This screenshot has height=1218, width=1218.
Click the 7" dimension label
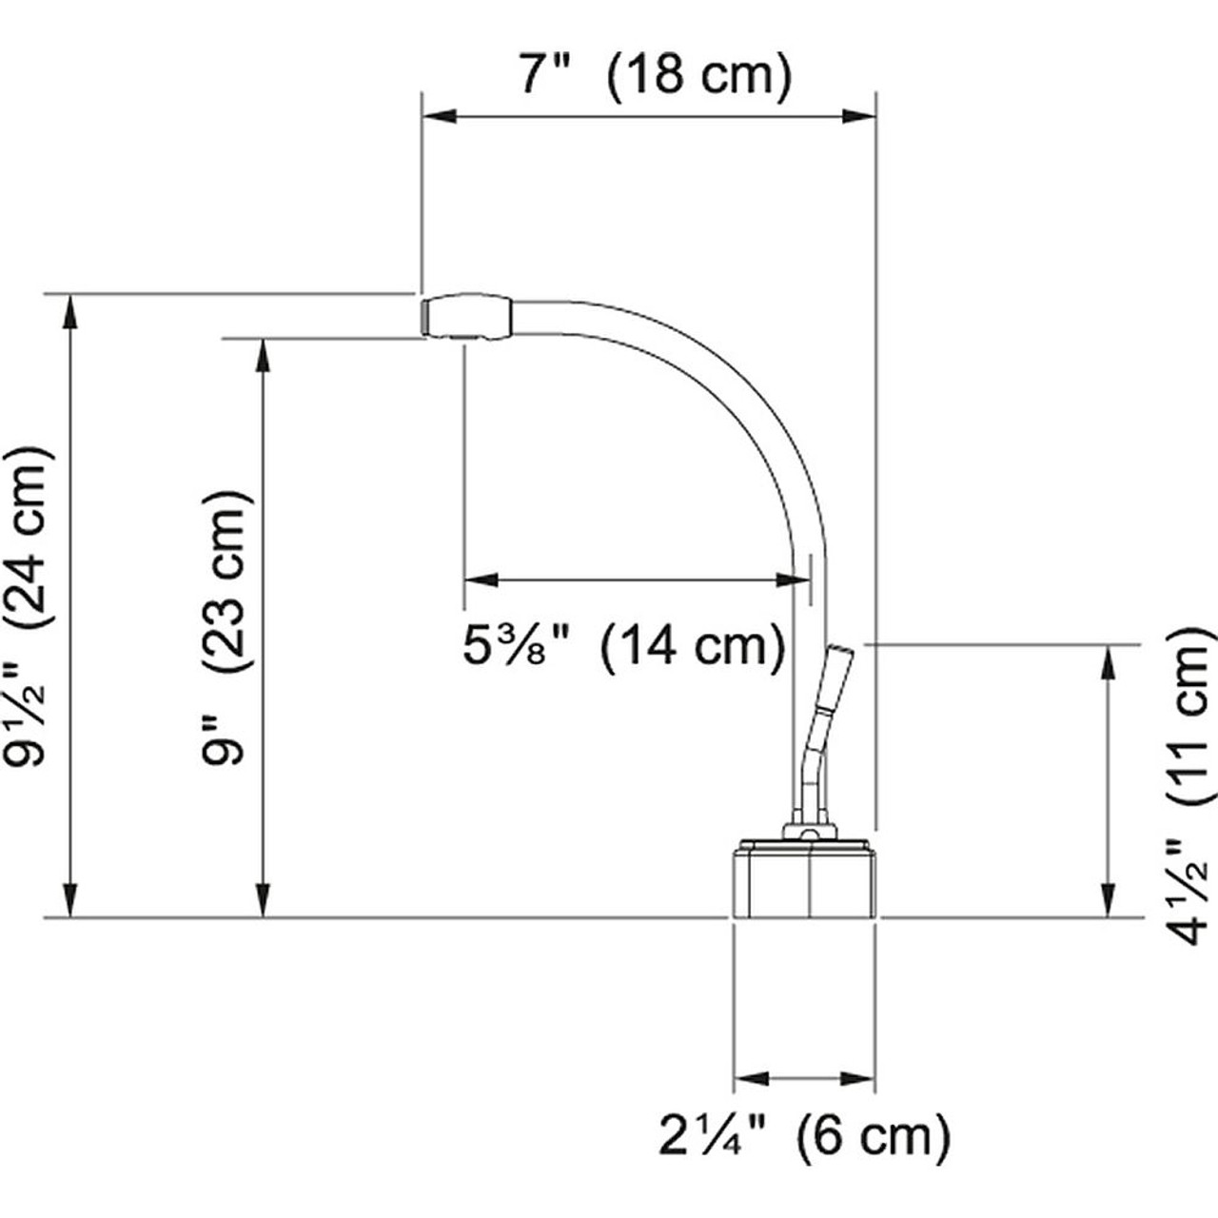coord(545,74)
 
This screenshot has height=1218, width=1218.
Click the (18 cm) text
coord(698,76)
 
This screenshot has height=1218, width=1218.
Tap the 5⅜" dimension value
coord(519,646)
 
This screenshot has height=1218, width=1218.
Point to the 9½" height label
coord(28,717)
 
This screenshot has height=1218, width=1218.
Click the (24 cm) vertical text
coord(29,540)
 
